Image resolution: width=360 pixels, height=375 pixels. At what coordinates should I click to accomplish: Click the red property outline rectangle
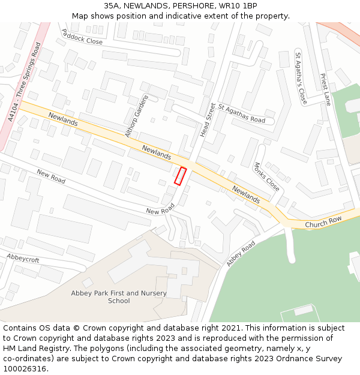[180, 176]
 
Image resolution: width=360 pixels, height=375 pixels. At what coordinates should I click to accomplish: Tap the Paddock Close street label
[82, 37]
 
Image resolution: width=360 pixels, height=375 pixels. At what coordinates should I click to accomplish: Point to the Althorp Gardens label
[136, 116]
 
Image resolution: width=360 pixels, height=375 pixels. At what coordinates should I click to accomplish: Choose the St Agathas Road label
[241, 113]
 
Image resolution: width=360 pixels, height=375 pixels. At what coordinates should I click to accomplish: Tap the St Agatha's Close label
[301, 79]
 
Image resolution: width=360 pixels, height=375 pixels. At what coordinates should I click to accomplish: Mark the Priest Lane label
[325, 89]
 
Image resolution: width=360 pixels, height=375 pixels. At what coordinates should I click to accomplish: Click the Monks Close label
[266, 177]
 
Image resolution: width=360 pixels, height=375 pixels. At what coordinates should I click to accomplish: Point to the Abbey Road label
[241, 254]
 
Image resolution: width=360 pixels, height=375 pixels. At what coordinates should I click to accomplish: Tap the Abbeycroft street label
[23, 258]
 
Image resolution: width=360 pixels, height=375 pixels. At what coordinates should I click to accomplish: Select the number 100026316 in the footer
[25, 369]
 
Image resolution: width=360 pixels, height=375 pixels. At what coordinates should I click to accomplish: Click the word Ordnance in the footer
[279, 359]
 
